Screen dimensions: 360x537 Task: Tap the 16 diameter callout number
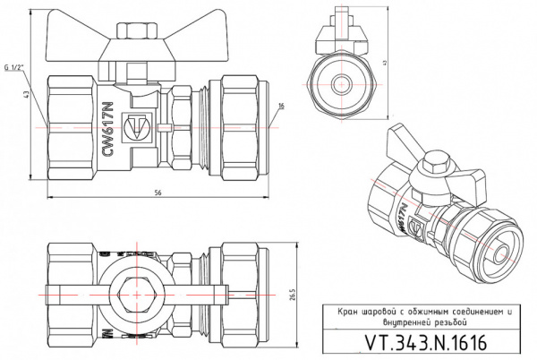pos(280,107)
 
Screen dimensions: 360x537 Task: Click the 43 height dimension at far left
pos(29,95)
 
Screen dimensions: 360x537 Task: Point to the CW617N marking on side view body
pos(110,131)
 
